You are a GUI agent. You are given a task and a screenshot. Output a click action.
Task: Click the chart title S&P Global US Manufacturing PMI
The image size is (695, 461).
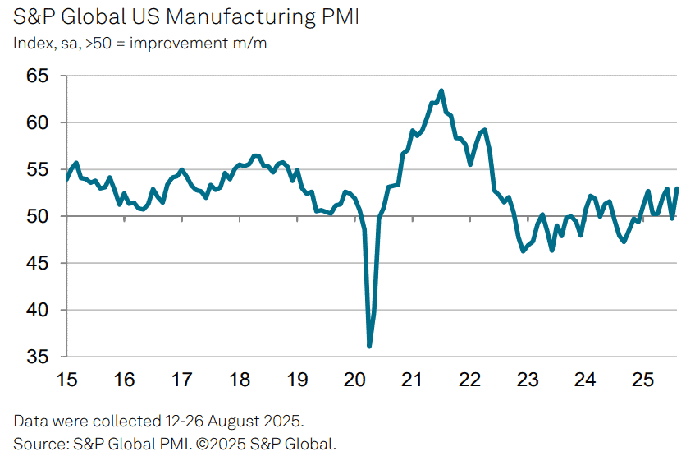pos(186,17)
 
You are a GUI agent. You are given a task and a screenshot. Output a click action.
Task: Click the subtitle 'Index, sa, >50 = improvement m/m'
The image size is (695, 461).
pos(139,43)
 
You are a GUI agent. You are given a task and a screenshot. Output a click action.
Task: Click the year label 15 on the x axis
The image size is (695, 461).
pos(66,380)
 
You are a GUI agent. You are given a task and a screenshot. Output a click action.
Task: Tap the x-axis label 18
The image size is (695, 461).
pos(240,380)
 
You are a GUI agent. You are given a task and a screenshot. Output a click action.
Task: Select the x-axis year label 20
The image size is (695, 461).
pos(354,380)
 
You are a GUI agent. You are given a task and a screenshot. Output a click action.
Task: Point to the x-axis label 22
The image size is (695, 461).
pos(469,380)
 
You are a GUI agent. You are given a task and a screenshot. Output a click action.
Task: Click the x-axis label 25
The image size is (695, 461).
pos(642,380)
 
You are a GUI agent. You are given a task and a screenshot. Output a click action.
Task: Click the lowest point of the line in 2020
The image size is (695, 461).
pos(369,346)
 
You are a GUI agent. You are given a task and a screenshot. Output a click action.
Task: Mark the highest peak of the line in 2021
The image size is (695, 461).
pos(441,90)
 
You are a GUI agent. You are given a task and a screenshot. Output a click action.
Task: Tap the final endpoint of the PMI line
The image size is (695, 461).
pos(678,188)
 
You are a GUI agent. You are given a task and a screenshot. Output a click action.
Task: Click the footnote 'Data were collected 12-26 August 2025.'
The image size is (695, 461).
pos(158,422)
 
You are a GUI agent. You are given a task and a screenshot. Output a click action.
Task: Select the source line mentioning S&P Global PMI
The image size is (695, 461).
pos(175,444)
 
